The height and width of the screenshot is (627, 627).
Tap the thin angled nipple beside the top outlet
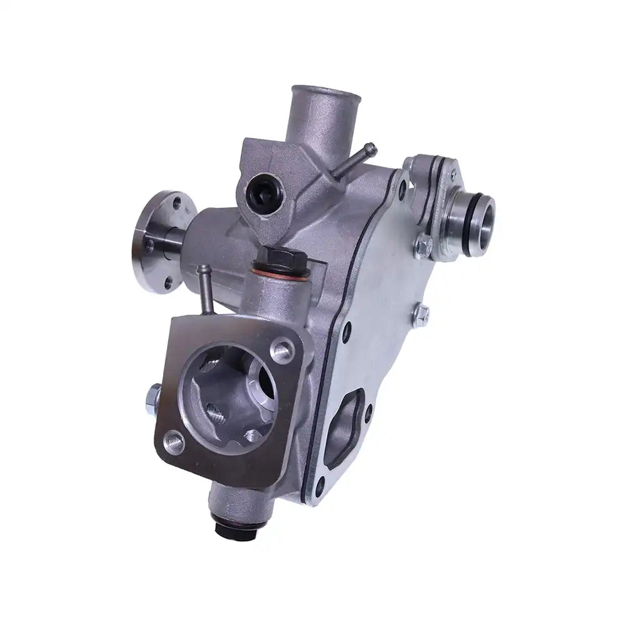356,160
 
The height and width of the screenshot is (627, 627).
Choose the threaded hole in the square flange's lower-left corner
175,443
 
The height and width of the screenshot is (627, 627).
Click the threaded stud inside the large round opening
215,413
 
